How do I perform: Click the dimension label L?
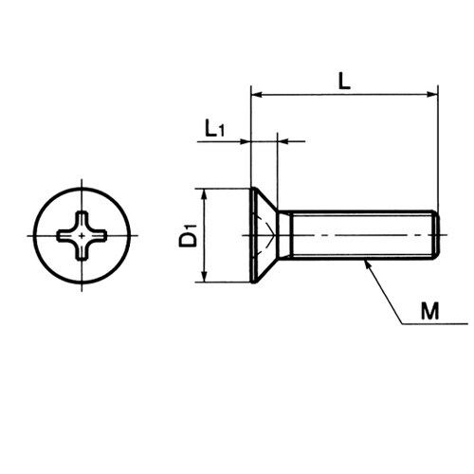click(344, 81)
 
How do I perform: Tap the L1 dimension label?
click(215, 128)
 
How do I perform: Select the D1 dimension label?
click(188, 235)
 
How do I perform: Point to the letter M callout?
click(430, 311)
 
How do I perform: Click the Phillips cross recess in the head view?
click(82, 236)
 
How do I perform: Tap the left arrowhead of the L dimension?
click(256, 94)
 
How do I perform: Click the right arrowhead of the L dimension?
click(432, 94)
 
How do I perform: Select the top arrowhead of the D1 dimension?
click(205, 194)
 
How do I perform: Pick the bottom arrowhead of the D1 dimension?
click(205, 277)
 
